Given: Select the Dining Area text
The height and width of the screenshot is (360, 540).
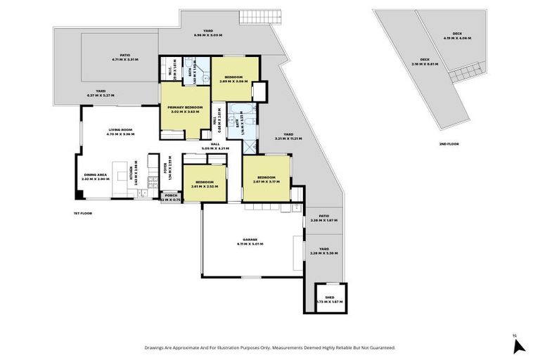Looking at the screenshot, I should [96, 177].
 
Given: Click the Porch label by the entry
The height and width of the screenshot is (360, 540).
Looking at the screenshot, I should [170, 197].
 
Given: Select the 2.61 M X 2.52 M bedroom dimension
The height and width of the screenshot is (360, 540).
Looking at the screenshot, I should [205, 188].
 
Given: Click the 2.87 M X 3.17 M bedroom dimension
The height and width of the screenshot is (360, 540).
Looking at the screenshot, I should [266, 181].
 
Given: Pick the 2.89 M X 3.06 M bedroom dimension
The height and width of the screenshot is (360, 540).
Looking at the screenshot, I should [233, 82].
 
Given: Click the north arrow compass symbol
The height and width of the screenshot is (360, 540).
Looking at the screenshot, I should [518, 345].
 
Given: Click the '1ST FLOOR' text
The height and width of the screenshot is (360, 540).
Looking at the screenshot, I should [82, 212].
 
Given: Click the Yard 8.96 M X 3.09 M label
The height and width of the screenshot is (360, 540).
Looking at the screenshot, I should [208, 33].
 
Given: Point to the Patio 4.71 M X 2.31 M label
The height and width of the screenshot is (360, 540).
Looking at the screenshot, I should [124, 57].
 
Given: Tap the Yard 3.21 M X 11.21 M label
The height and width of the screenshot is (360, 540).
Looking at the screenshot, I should [288, 136].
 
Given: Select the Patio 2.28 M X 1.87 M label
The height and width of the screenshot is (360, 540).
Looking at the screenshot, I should [323, 219].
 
